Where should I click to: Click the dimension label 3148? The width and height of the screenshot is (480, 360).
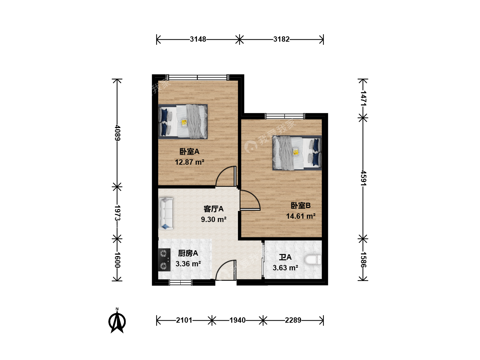pyautogui.click(x=198, y=39)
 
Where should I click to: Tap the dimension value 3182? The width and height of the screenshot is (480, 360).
pyautogui.click(x=281, y=39)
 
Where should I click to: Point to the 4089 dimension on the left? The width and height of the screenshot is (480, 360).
pyautogui.click(x=117, y=133)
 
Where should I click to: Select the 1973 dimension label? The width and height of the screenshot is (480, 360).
pyautogui.click(x=117, y=213)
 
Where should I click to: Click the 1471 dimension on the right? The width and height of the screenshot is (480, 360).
pyautogui.click(x=363, y=98)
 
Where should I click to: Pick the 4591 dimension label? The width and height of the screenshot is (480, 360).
pyautogui.click(x=363, y=178)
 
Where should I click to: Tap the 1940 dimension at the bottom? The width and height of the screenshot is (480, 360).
pyautogui.click(x=237, y=320)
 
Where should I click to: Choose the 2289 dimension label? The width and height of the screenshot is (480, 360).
pyautogui.click(x=293, y=320)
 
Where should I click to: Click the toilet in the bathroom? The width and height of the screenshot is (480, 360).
pyautogui.click(x=313, y=260)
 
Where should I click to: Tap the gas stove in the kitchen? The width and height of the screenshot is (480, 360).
pyautogui.click(x=164, y=260)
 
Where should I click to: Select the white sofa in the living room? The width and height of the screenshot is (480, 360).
pyautogui.click(x=166, y=214)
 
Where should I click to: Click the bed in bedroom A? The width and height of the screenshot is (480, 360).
pyautogui.click(x=183, y=122)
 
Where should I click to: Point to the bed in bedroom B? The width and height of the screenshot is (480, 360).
pyautogui.click(x=297, y=153)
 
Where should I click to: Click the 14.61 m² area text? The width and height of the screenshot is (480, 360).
pyautogui.click(x=301, y=216)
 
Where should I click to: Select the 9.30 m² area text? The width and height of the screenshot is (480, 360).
pyautogui.click(x=214, y=219)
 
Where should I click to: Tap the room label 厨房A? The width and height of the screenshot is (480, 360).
pyautogui.click(x=188, y=253)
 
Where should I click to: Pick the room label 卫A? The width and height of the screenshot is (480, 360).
pyautogui.click(x=285, y=257)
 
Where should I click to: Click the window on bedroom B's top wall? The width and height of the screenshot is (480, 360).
pyautogui.click(x=285, y=116)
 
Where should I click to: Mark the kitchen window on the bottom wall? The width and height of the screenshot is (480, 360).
pyautogui.click(x=181, y=283)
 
